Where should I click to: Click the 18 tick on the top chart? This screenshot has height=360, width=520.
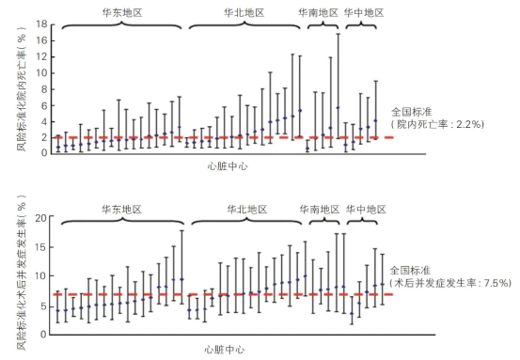tap(42, 23)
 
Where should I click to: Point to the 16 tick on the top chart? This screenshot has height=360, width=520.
tap(42, 40)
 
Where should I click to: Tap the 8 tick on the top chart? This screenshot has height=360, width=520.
tap(44, 89)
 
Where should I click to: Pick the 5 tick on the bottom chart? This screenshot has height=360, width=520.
tap(43, 306)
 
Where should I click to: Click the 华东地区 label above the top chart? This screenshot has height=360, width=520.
tap(122, 13)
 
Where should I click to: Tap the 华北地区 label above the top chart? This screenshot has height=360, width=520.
tap(244, 13)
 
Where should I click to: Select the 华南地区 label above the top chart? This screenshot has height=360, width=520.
tap(318, 13)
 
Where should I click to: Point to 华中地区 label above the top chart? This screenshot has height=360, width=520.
tap(364, 13)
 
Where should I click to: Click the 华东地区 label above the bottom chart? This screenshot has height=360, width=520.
tap(121, 210)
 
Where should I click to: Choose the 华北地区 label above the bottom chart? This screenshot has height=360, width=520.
tap(247, 210)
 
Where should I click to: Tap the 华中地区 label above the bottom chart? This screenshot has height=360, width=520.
tap(366, 210)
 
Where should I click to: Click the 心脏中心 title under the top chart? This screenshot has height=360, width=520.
tap(228, 166)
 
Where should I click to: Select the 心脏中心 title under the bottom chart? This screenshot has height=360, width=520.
tap(225, 350)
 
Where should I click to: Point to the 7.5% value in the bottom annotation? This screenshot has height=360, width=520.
tap(496, 283)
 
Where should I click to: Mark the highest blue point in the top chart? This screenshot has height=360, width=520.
tap(338, 108)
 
